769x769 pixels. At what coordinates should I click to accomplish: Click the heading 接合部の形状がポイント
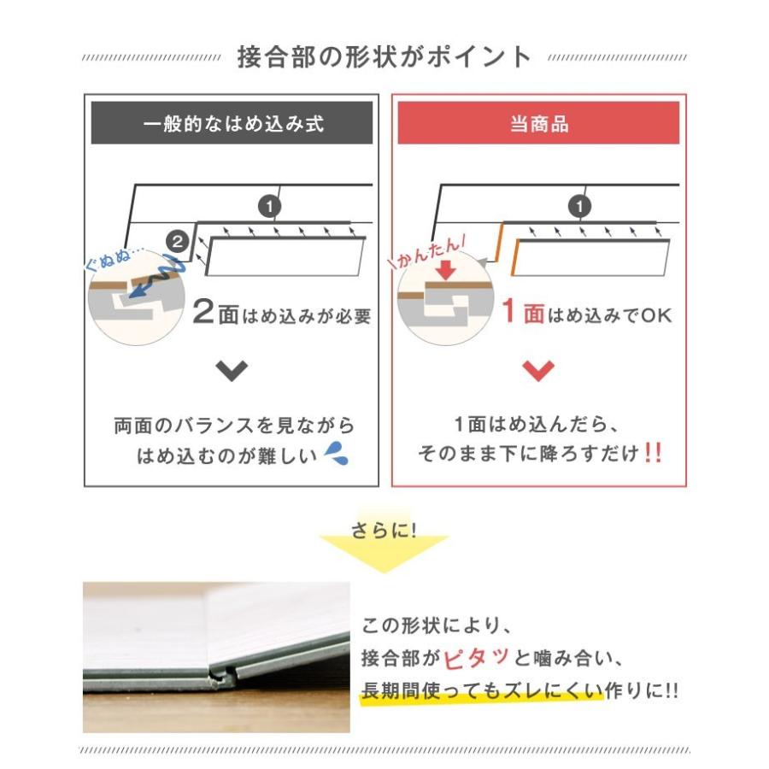(384, 57)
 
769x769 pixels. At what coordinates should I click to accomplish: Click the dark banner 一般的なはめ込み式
(232, 123)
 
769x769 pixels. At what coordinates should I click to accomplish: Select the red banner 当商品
(538, 123)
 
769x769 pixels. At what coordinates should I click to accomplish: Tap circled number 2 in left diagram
(177, 242)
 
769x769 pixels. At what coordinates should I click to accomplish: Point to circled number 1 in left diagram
(269, 206)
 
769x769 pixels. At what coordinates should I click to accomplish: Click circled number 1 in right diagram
(580, 206)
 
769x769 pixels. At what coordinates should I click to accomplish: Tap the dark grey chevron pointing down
(232, 371)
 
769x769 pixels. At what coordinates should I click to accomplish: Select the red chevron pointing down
(538, 371)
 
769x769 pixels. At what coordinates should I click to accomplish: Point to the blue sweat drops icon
(338, 455)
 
